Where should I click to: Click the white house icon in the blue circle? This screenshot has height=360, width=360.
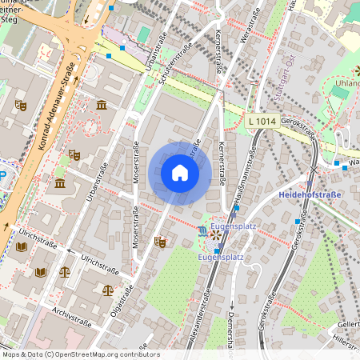pos(180,173)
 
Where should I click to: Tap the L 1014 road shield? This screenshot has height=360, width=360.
pos(262,121)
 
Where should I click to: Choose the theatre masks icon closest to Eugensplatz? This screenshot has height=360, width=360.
pos(159,240)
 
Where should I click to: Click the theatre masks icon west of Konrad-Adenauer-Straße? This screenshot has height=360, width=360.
pos(21,105)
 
